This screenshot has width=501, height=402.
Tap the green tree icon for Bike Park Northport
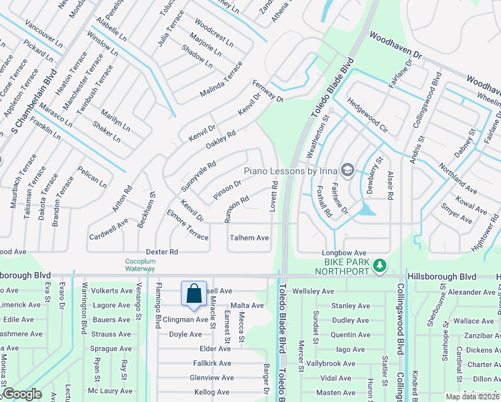click(380, 266)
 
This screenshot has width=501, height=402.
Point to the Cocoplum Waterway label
click(140, 265)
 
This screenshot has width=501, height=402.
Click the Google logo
click(21, 394)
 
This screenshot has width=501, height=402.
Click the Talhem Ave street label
click(249, 238)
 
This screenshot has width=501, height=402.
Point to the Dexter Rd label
click(161, 252)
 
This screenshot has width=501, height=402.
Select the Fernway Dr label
click(268, 90)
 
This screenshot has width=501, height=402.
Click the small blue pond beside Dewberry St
click(366, 212)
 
